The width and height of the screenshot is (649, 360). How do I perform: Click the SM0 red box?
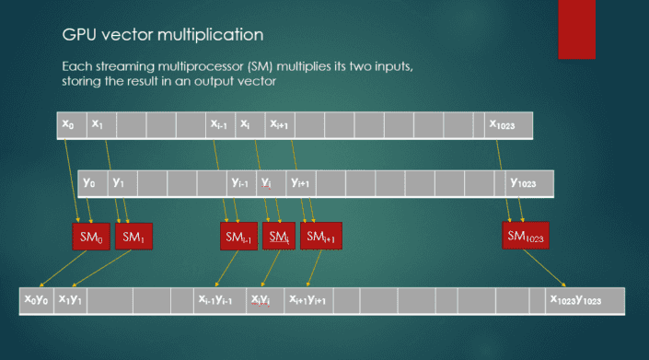(x=90, y=237)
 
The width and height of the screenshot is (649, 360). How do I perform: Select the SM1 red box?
(x=134, y=237)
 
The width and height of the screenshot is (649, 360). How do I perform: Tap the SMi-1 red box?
(x=238, y=237)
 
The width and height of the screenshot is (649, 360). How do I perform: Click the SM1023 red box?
(x=526, y=235)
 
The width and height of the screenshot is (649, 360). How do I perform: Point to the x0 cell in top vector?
(x=71, y=124)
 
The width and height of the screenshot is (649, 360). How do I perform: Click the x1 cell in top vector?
(x=100, y=124)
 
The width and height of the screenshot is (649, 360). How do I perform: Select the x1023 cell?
(x=509, y=124)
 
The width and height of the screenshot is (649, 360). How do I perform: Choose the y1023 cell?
(x=528, y=182)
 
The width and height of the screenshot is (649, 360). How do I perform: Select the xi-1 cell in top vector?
(x=221, y=124)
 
